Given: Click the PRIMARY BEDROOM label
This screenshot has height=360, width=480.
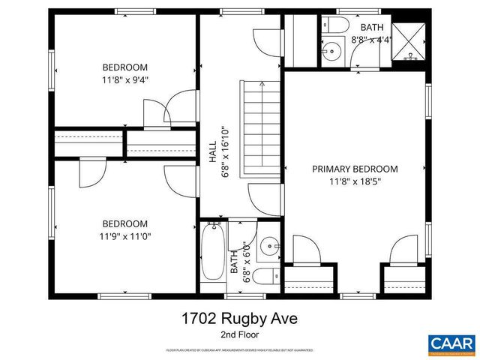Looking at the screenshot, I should click(x=355, y=169).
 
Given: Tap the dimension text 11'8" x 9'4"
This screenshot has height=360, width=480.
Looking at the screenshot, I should click(x=125, y=79).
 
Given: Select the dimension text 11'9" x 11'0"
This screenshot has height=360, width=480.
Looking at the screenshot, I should click(x=125, y=236).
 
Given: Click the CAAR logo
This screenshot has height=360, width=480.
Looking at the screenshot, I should click(x=451, y=343).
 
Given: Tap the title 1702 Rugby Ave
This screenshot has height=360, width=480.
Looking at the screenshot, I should click(x=239, y=319).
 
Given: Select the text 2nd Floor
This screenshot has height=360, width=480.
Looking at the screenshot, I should click(x=239, y=334).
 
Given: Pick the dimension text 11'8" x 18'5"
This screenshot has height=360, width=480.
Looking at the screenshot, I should click(x=355, y=181).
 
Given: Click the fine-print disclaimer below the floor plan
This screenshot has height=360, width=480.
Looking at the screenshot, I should click(x=239, y=350).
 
